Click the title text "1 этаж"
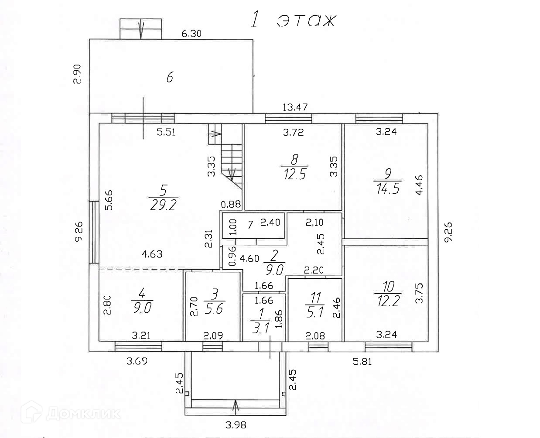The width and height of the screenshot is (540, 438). click(293, 21)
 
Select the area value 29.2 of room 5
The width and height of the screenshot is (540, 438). click(163, 205)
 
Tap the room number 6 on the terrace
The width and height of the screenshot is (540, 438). click(170, 78)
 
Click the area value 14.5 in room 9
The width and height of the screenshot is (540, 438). click(387, 189)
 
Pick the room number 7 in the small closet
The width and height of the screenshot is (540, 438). click(250, 225)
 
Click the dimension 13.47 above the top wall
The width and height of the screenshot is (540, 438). click(295, 107)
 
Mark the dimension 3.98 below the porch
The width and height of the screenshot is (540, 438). click(236, 424)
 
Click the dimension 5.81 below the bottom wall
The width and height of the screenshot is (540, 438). click(362, 361)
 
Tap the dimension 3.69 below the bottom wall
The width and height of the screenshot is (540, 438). click(137, 361)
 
